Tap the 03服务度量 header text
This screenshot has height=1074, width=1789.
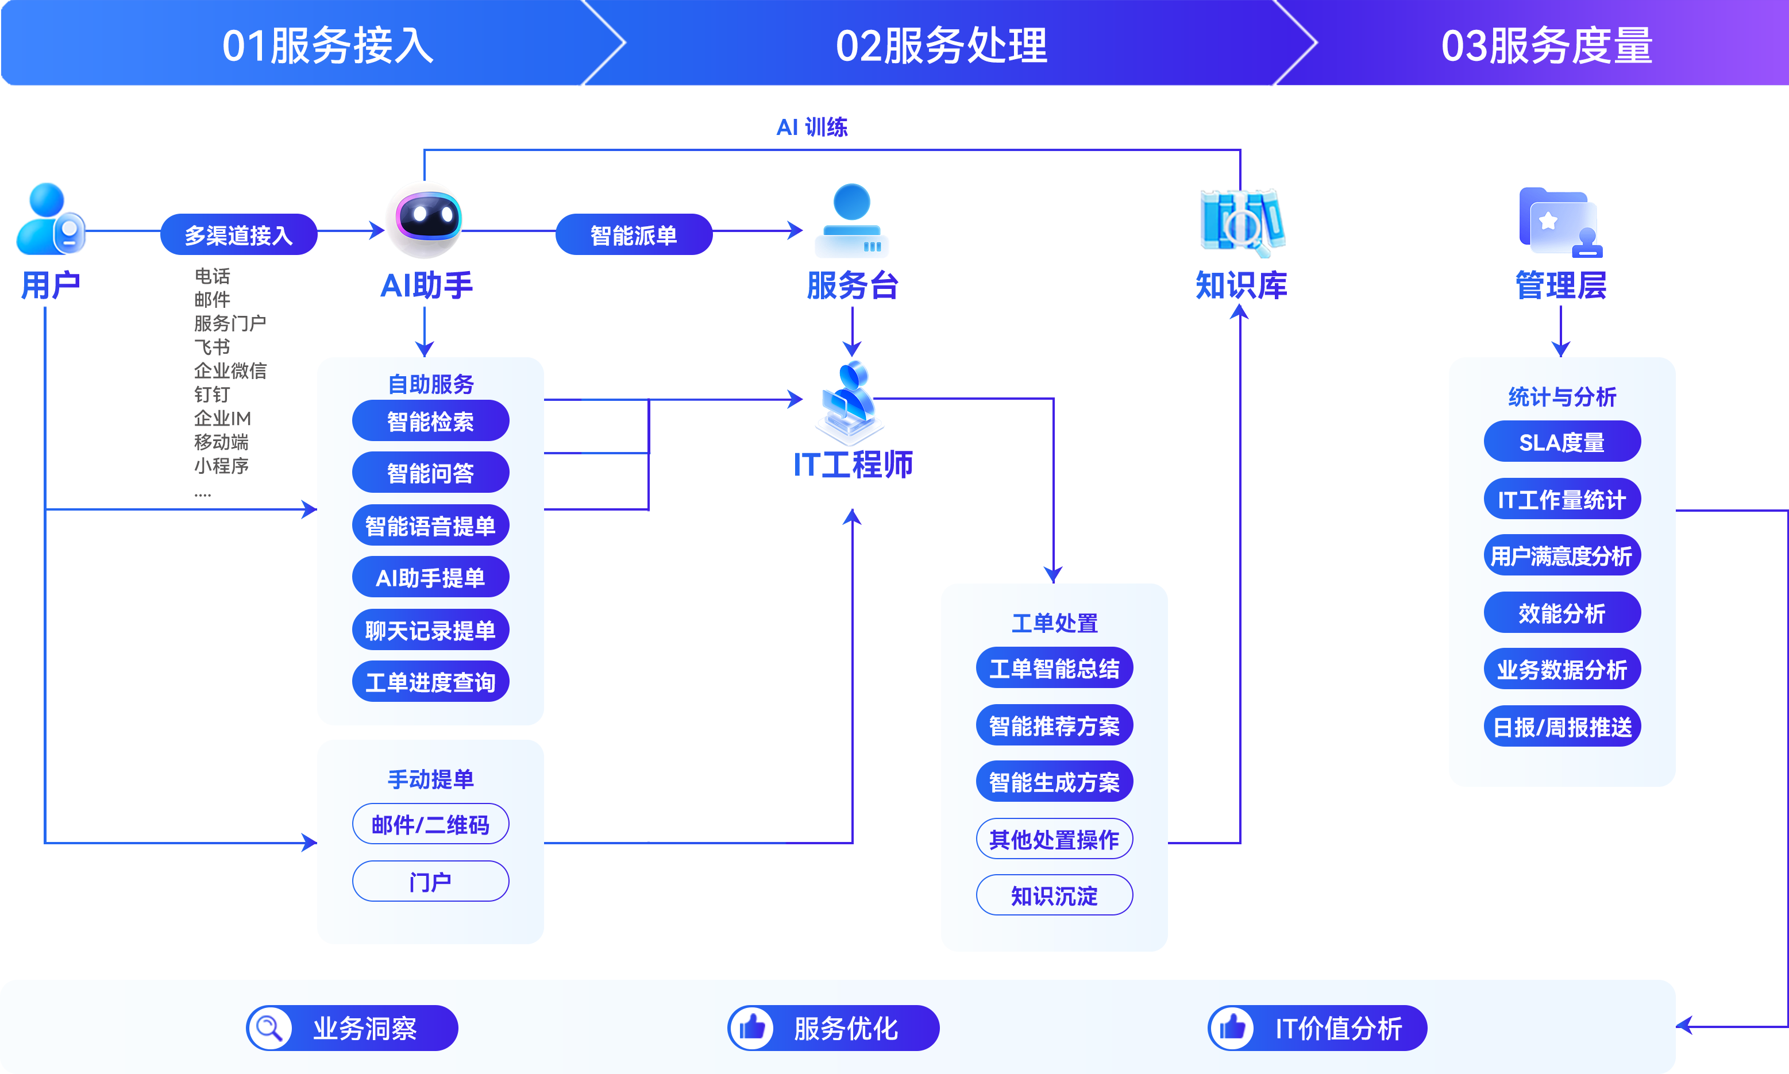click(1547, 45)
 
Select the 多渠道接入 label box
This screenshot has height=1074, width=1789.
click(238, 234)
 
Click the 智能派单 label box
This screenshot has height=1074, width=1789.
click(633, 234)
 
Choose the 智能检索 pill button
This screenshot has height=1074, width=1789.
click(431, 421)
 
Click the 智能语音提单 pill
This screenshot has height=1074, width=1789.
click(431, 526)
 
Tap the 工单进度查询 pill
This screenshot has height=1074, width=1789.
click(431, 682)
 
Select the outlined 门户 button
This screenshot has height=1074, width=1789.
click(431, 882)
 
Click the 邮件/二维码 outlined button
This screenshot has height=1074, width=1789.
click(431, 824)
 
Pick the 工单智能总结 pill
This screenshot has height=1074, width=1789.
click(1054, 668)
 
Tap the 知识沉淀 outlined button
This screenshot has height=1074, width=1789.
click(1054, 896)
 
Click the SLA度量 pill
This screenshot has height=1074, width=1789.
click(1561, 442)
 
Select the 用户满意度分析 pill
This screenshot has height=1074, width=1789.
click(1561, 556)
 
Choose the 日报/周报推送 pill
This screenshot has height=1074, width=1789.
click(1561, 727)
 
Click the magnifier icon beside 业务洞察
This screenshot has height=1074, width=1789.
click(270, 1027)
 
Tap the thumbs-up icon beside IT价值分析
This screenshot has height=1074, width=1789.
click(1232, 1027)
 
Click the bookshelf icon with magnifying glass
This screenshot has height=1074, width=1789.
click(1243, 223)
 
